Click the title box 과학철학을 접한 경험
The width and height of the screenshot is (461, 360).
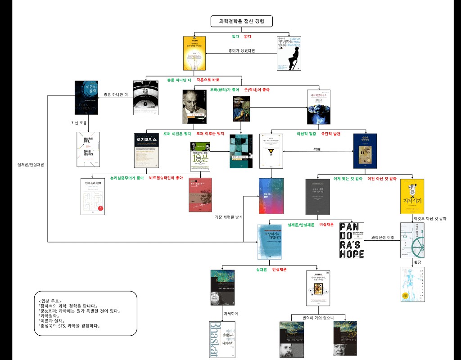tap(241, 21)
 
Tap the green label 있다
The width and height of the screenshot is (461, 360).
tap(235, 36)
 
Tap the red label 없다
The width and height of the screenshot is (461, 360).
tap(248, 36)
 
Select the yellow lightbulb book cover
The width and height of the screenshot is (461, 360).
tap(195, 53)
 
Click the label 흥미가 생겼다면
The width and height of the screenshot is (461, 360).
tap(242, 50)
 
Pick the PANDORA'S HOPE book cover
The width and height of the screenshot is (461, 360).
tap(352, 240)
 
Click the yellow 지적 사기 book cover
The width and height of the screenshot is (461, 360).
tap(412, 197)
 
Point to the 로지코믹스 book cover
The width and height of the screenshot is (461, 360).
tap(147, 151)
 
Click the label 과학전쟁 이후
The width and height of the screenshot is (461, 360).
tap(383, 237)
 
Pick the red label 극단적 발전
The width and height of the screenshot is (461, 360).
tap(331, 134)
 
